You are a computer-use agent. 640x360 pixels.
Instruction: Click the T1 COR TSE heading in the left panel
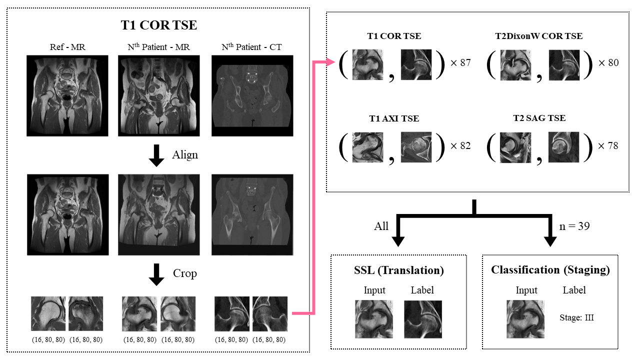click(159, 25)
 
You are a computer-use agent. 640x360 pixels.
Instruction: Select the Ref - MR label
click(67, 47)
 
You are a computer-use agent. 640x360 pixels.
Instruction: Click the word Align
click(185, 155)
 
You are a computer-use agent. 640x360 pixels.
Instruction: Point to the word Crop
click(185, 273)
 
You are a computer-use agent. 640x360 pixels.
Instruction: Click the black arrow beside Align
click(157, 155)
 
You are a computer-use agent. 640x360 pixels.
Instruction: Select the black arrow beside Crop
click(157, 274)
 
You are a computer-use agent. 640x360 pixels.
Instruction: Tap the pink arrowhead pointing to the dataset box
click(330, 62)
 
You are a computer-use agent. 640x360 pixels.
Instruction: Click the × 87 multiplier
click(460, 63)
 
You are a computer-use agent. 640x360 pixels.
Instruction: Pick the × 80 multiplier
click(608, 63)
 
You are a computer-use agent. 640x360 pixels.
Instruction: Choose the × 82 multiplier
click(460, 145)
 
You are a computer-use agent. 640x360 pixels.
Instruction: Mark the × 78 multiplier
click(608, 145)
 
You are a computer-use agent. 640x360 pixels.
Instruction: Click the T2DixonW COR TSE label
click(538, 36)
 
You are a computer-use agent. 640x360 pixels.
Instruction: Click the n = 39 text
click(574, 226)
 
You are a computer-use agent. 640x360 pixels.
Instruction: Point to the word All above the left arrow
click(381, 226)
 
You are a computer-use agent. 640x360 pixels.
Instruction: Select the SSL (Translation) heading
click(398, 270)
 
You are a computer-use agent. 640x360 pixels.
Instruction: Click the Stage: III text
click(576, 317)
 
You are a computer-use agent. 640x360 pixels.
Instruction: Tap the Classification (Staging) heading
click(550, 270)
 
